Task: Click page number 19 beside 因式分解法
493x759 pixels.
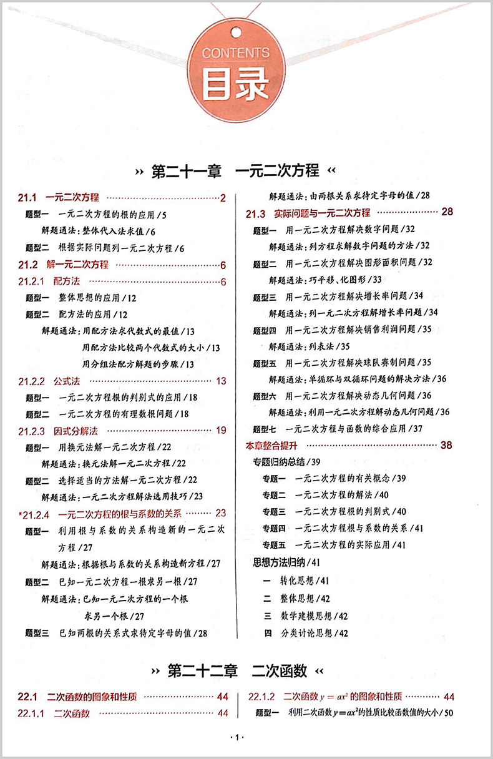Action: coord(221,430)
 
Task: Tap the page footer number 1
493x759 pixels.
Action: coord(235,738)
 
